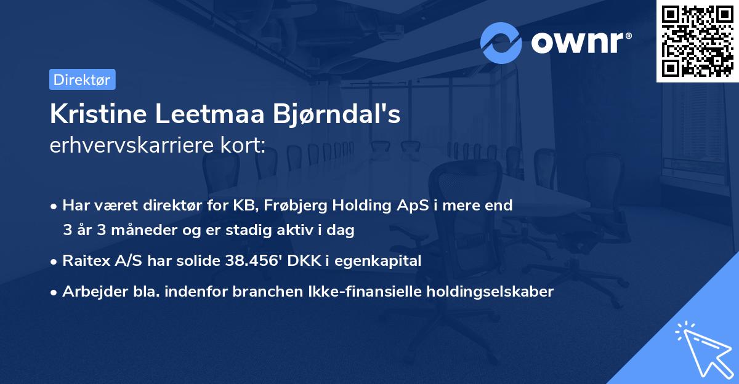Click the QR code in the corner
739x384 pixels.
tap(698, 41)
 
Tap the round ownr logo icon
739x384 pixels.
tap(501, 42)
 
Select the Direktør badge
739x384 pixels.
tap(82, 79)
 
